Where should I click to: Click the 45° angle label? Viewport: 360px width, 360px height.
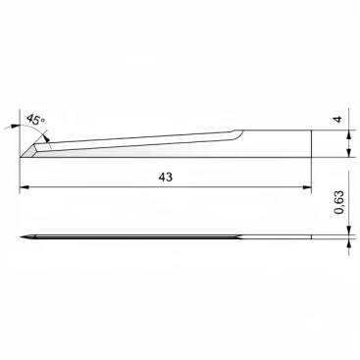pos(36,119)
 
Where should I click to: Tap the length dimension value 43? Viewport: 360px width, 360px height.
pos(166,177)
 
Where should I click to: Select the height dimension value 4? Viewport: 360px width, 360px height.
pos(338,119)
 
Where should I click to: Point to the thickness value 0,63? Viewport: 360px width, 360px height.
pos(339,202)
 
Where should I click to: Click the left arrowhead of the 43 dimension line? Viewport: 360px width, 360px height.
pos(25,187)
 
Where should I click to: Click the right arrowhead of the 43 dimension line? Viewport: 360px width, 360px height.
pos(307,187)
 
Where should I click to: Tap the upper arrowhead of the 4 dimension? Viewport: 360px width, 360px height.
pos(349,134)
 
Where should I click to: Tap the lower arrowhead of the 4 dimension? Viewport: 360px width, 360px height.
pos(349,153)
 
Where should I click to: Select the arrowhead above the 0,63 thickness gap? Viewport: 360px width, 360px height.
pos(349,231)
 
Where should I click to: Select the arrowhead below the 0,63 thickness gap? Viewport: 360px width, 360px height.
pos(349,243)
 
